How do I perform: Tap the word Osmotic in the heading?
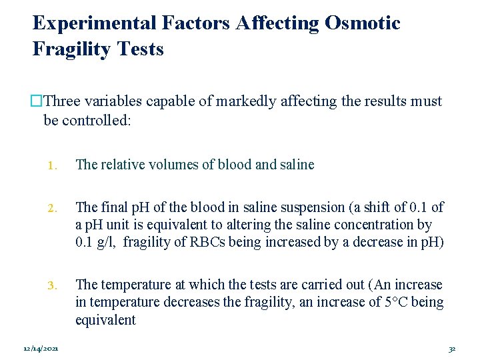pyautogui.click(x=362, y=23)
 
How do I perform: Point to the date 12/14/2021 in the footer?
pyautogui.click(x=41, y=349)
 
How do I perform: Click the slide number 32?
pyautogui.click(x=452, y=349)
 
